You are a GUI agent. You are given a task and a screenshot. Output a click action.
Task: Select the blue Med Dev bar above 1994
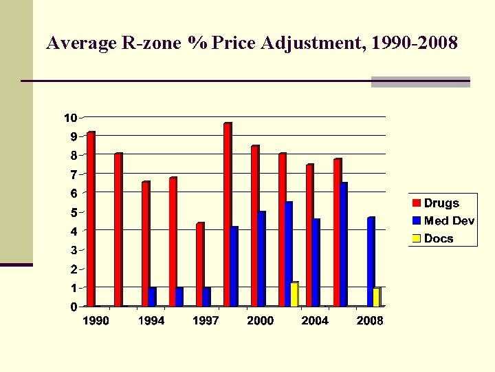(x=152, y=297)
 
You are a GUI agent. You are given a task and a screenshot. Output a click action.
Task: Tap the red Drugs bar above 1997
(x=200, y=265)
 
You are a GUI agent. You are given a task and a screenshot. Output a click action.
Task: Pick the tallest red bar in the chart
(x=228, y=214)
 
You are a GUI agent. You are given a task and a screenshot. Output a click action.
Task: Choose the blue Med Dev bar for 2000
(x=261, y=259)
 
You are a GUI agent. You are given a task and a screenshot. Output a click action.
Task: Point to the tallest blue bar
(x=343, y=245)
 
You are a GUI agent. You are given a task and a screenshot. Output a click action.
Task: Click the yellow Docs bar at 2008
(x=376, y=298)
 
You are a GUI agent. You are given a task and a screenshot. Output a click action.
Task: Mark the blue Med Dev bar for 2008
(x=371, y=262)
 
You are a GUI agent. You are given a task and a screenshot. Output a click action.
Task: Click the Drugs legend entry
(x=441, y=203)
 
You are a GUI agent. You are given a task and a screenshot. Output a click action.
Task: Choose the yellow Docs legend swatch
(x=417, y=238)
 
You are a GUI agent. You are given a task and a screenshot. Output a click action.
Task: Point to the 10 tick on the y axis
(x=70, y=118)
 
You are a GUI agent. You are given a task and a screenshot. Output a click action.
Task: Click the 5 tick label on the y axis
(x=72, y=213)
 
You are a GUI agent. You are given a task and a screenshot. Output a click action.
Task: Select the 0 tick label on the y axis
(x=73, y=307)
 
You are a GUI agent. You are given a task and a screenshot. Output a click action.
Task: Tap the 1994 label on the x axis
(x=151, y=321)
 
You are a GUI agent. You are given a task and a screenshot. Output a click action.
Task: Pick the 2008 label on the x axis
(x=370, y=321)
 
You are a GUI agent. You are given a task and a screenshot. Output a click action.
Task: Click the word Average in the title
(x=73, y=44)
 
